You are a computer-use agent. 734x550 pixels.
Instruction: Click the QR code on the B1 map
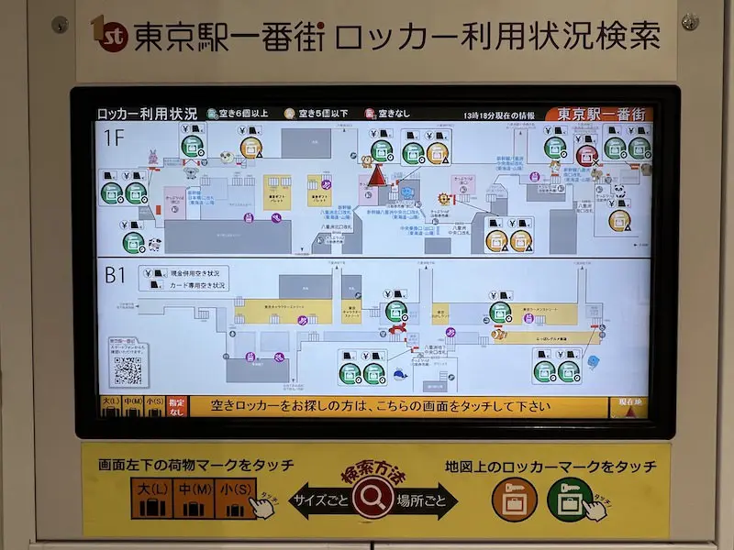click(127, 369)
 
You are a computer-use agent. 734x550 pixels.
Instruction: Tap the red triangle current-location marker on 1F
click(374, 174)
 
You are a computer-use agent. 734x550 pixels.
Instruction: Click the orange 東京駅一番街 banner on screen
click(596, 115)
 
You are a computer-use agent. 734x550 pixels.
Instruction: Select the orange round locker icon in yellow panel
click(514, 500)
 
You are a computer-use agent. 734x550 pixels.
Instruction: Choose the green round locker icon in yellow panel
click(570, 500)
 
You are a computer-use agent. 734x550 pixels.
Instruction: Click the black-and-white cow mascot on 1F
click(154, 241)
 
